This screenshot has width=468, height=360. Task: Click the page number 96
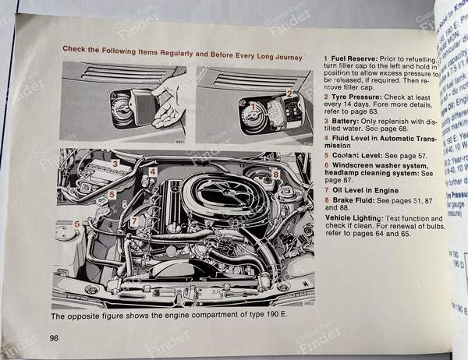(x=55, y=337)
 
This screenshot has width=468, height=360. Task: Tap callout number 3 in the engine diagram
(x=115, y=164)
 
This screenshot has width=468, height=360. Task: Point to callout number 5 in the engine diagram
(x=112, y=195)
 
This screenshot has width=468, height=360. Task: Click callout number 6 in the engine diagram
(x=77, y=225)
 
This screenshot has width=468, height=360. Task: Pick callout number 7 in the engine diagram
(x=134, y=221)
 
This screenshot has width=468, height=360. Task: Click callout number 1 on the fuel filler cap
(x=251, y=103)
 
